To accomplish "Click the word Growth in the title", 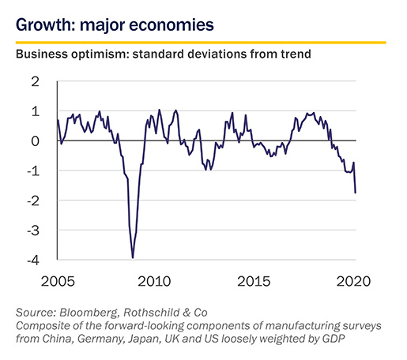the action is point(43,25).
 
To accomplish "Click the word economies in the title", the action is point(171,25).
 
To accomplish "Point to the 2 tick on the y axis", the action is point(35,82).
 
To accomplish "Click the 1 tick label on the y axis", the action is point(36,111).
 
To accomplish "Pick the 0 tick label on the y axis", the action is point(35,141).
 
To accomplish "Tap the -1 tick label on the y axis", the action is point(33,171).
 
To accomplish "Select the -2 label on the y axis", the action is point(33,201).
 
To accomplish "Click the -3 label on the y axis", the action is point(33,231).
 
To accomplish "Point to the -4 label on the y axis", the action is point(33,261).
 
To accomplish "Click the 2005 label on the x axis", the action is point(58,281).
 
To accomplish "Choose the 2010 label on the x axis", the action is point(154,281).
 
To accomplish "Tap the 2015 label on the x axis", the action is point(254,281).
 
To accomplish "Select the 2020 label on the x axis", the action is point(353,281).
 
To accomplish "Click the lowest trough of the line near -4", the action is point(133,258).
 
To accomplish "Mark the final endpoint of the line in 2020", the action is point(356,193).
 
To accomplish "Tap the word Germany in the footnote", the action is point(102,339).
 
